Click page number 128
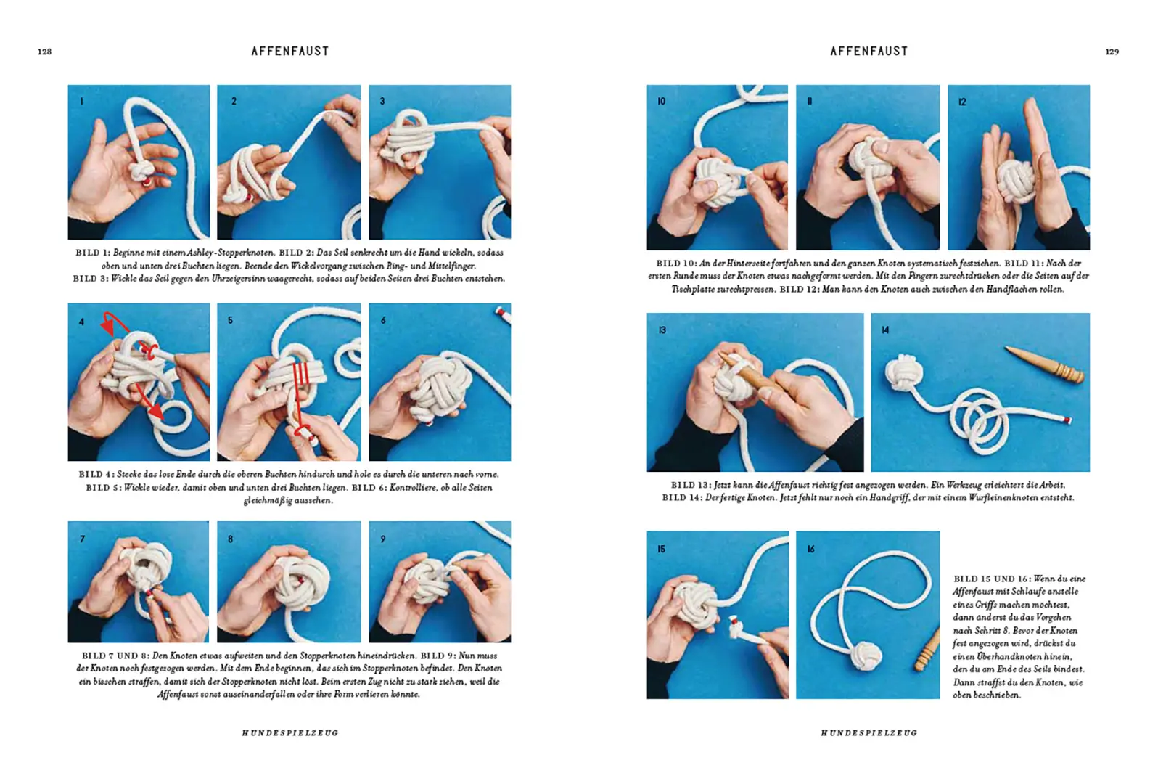[x=44, y=52]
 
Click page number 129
[x=1112, y=52]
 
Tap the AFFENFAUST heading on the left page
[x=290, y=52]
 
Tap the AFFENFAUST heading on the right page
[x=868, y=52]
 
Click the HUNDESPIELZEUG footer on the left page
[x=290, y=733]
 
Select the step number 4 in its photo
[x=82, y=322]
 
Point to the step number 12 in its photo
[x=962, y=102]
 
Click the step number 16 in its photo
[x=810, y=550]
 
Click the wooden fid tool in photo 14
[x=1045, y=364]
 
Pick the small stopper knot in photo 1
[x=141, y=173]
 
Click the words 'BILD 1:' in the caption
[x=92, y=253]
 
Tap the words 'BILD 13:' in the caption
[x=690, y=485]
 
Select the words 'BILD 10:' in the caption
[x=675, y=264]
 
